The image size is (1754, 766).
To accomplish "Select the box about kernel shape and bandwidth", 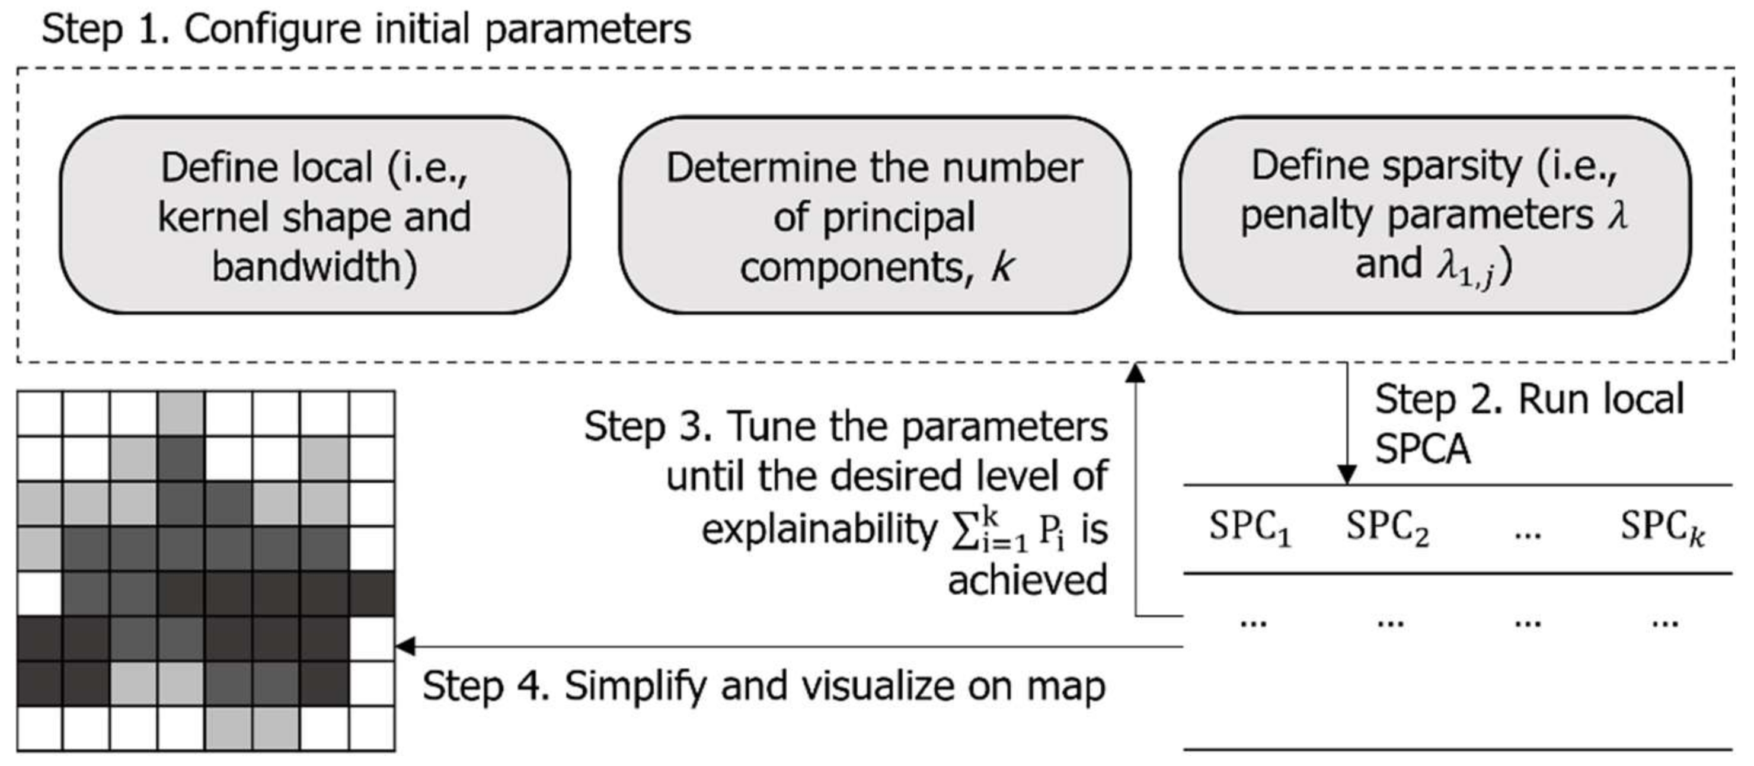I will click(315, 215).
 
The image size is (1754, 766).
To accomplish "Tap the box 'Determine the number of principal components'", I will click(874, 215).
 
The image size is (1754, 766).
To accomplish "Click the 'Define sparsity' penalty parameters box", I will click(1434, 215).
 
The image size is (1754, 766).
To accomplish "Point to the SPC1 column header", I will click(1250, 528).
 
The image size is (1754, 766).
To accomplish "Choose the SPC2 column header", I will click(1387, 528).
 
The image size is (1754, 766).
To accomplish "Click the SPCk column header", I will click(1662, 528).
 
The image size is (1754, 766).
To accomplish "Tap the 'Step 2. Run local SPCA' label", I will click(1528, 423).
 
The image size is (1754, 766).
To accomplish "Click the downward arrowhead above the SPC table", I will click(1347, 474).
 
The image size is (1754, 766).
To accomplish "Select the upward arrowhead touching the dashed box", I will click(1135, 372).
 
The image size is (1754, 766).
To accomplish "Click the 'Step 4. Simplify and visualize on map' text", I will click(763, 685).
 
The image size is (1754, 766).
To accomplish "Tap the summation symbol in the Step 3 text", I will click(963, 531).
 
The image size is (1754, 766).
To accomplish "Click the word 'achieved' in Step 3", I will click(1027, 581).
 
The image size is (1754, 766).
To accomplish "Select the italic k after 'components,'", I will click(1002, 267).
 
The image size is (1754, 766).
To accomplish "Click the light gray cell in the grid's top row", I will click(180, 413).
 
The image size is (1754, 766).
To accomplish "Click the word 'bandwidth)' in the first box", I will click(315, 267).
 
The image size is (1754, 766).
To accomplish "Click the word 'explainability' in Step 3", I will click(819, 529).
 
